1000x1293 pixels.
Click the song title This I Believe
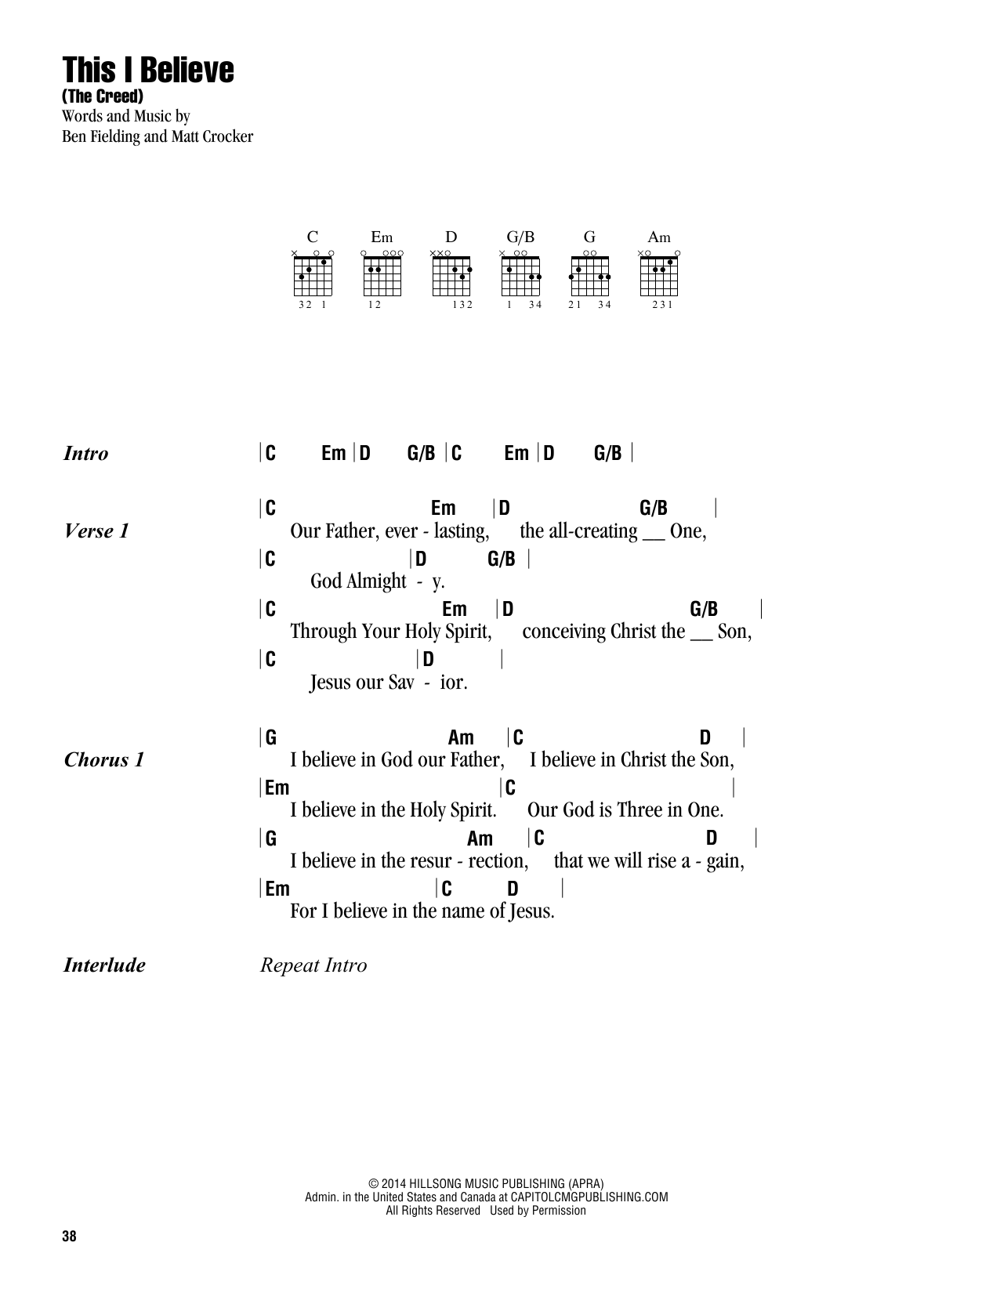pos(148,71)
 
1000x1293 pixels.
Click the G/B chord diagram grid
pos(520,275)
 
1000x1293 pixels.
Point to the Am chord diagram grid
pos(659,275)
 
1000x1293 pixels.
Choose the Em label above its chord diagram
pos(382,237)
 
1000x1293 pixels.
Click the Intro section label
pos(85,454)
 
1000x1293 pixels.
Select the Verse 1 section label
pos(96,531)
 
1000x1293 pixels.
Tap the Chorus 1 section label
pos(103,760)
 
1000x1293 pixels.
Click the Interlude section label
pos(104,965)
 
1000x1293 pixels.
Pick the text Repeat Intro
pos(313,965)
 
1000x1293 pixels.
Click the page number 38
pos(68,1237)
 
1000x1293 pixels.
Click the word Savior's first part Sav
pos(397,683)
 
